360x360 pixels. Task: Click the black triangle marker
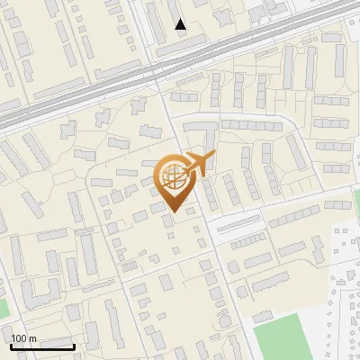click(181, 24)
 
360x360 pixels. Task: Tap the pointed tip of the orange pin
click(170, 212)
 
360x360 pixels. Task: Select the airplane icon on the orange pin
click(197, 165)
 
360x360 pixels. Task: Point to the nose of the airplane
click(214, 155)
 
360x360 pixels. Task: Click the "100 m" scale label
click(23, 338)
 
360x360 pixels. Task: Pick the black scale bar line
click(42, 346)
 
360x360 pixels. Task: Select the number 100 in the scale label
click(19, 338)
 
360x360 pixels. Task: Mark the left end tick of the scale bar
click(11, 345)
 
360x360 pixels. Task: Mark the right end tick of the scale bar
click(74, 345)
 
